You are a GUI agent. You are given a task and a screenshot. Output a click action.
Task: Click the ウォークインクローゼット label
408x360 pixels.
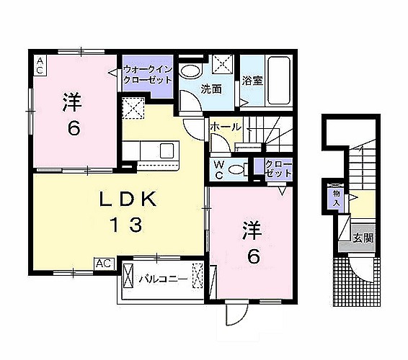(147, 74)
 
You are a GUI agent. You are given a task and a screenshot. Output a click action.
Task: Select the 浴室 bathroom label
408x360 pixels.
(252, 81)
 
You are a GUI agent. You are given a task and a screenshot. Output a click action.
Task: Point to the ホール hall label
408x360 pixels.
(226, 127)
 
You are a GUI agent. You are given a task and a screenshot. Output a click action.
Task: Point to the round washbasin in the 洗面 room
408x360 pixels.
(191, 71)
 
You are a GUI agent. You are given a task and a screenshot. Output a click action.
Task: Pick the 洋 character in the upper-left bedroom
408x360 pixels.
(72, 102)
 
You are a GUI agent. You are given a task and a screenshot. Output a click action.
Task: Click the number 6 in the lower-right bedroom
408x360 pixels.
(252, 256)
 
